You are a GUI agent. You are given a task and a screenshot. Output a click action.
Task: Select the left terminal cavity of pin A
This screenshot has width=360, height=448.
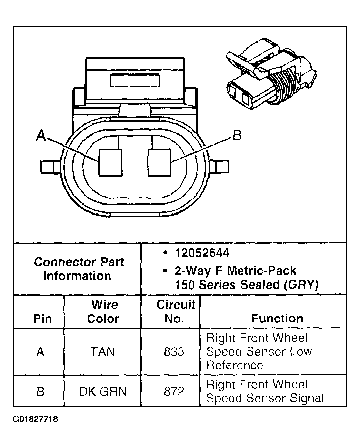click(x=111, y=162)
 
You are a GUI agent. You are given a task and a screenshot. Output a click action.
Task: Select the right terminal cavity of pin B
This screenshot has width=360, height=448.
click(x=159, y=162)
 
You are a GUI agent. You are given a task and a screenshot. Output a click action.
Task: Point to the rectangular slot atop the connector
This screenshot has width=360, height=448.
click(x=134, y=80)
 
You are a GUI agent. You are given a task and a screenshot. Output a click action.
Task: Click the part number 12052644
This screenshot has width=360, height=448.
click(x=202, y=253)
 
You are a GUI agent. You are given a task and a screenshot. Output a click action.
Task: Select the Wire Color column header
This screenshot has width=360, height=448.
click(x=103, y=312)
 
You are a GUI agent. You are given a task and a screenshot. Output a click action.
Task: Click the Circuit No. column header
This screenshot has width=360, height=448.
click(x=176, y=312)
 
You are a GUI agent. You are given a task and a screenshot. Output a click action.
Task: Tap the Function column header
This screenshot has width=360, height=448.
click(x=277, y=318)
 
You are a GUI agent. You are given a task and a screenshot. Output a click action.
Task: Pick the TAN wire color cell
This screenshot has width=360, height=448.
click(x=103, y=352)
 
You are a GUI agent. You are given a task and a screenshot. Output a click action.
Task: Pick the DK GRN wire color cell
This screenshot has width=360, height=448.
click(x=103, y=391)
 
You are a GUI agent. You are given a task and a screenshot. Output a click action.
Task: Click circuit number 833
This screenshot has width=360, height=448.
click(x=174, y=352)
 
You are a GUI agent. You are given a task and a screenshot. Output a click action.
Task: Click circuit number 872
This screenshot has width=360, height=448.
click(x=174, y=391)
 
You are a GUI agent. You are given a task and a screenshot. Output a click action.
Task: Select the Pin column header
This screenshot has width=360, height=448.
click(x=42, y=319)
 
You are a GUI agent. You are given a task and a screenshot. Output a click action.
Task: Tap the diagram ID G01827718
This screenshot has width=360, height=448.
click(x=35, y=419)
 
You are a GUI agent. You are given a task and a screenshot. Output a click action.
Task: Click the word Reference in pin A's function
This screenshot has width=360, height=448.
click(x=234, y=365)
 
